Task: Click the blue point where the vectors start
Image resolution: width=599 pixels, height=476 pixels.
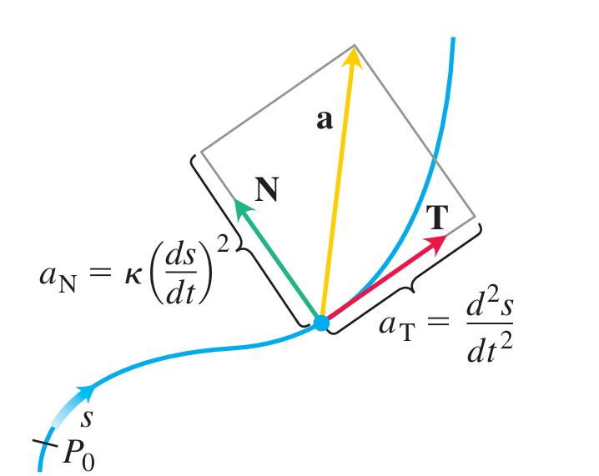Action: tap(320, 323)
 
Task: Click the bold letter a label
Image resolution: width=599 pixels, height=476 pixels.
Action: tap(325, 121)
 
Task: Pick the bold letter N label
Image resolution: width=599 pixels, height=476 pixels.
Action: tap(266, 192)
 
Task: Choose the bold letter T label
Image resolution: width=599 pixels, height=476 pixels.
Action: tap(436, 219)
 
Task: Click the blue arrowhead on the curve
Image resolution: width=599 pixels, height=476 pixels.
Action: tap(85, 390)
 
